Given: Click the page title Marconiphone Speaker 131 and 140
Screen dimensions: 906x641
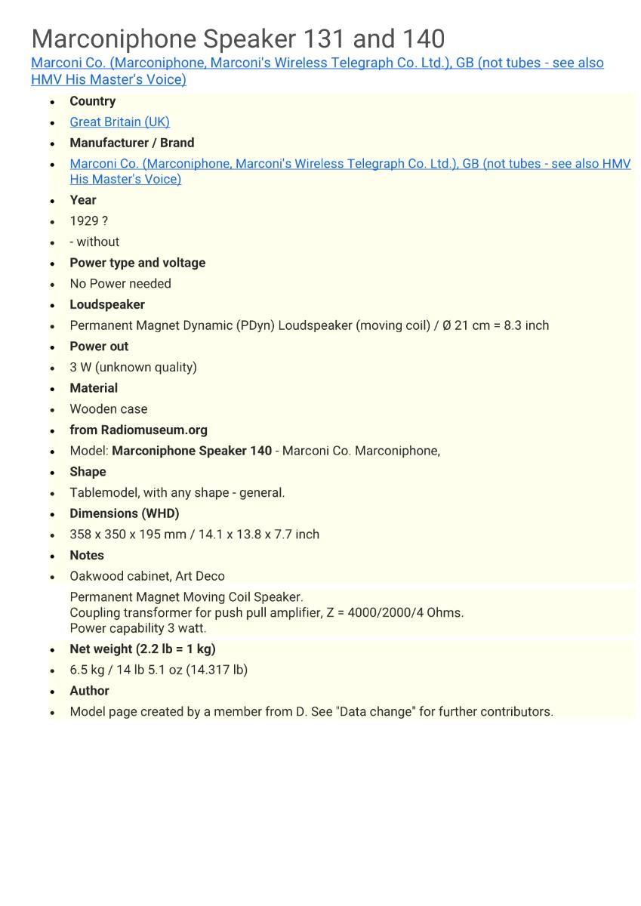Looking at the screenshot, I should tap(238, 39).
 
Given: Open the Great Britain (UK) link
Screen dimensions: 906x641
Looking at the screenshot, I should tap(119, 122).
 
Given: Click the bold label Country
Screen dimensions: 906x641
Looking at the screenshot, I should tap(92, 101).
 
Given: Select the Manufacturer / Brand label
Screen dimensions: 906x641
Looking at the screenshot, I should tap(131, 143).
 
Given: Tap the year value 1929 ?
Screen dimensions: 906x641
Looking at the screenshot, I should tap(88, 221).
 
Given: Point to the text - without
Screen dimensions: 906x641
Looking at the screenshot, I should tap(94, 242).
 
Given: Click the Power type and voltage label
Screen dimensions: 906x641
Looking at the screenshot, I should tap(137, 263).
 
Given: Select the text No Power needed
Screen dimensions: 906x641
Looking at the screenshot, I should tap(120, 284).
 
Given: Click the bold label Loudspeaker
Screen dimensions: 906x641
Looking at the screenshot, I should tap(107, 304).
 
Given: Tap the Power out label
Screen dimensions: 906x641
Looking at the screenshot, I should tap(99, 347).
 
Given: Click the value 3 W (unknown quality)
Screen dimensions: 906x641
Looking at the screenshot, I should tap(133, 367).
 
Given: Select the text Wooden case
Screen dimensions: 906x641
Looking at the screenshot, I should tap(108, 409).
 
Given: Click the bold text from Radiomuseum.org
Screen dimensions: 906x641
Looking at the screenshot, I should tap(138, 430).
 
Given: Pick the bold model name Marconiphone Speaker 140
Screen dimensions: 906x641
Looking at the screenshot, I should tap(192, 451).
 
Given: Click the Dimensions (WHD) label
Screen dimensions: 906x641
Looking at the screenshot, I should tap(124, 513).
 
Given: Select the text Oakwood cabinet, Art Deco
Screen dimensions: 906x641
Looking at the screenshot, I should tap(146, 576).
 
